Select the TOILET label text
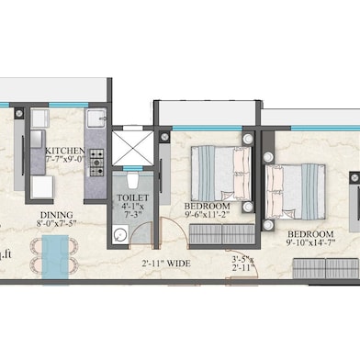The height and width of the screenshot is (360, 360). click(129, 197)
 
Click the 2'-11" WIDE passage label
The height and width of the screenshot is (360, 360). click(166, 263)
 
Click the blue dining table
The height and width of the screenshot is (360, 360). click(55, 254)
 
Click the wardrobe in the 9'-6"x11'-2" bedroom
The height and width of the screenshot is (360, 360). click(214, 236)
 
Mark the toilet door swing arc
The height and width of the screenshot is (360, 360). click(141, 234)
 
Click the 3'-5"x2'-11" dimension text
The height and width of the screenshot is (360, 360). click(243, 265)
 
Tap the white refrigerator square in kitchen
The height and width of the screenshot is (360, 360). click(41, 187)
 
